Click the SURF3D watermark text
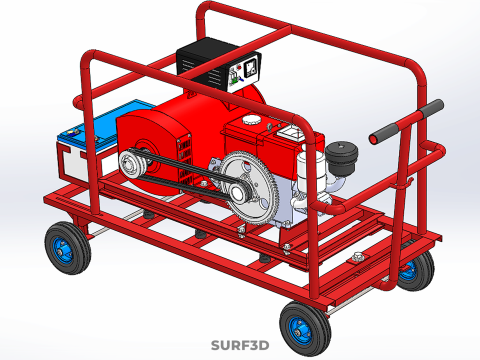[x=240, y=346]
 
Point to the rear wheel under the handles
[x=413, y=268]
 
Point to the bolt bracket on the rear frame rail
[x=356, y=261]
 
